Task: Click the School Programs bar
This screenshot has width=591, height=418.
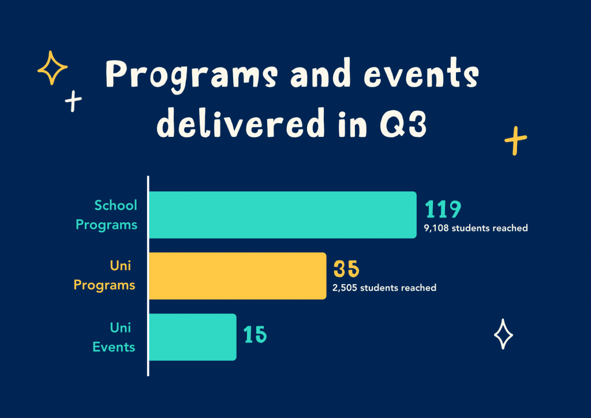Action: click(283, 215)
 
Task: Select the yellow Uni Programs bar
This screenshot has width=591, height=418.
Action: click(237, 276)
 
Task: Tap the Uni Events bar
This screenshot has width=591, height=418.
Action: click(193, 337)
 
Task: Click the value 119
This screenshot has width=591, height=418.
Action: click(443, 209)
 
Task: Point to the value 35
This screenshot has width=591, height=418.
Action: click(346, 269)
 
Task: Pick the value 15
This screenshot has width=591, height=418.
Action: click(255, 334)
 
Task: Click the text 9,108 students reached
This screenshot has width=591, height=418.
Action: click(476, 228)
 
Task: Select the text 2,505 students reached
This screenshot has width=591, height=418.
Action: click(384, 288)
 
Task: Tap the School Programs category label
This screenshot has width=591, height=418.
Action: click(107, 215)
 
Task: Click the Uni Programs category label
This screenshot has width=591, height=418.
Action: click(104, 275)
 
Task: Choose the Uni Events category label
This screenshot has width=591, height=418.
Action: click(114, 337)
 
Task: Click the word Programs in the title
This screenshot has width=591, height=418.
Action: click(192, 75)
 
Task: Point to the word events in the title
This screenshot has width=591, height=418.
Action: click(421, 73)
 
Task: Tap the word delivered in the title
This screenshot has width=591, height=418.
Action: click(241, 122)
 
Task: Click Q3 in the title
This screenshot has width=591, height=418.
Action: click(403, 123)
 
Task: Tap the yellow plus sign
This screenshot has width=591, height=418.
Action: click(515, 141)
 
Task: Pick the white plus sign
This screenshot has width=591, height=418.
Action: click(73, 101)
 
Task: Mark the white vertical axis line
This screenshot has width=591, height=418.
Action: click(148, 276)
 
